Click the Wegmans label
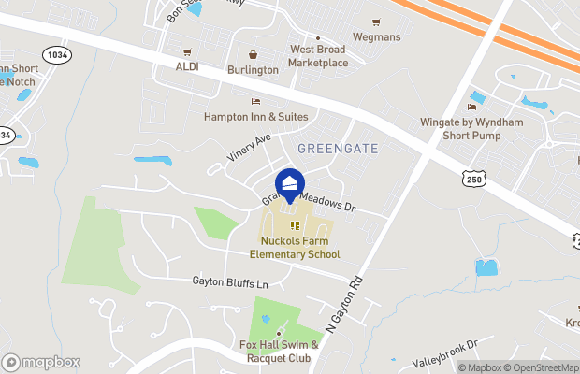pos(376,36)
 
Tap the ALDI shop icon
pos(187,52)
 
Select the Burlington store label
pos(253,69)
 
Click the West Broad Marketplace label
pos(318,56)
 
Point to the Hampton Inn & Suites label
pos(255,116)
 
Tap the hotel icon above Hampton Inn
pos(254,101)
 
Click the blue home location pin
pos(289,184)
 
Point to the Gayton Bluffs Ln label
pos(230,281)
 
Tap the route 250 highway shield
pos(471,178)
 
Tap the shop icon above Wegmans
pos(376,22)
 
